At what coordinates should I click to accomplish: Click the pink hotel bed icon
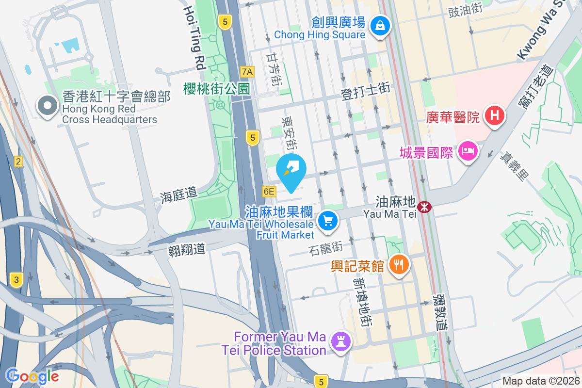click(x=468, y=152)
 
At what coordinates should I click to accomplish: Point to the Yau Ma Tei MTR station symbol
click(x=425, y=207)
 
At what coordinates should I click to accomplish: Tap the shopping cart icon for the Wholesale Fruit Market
click(x=328, y=221)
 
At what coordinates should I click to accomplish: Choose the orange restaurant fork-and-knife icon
click(x=399, y=265)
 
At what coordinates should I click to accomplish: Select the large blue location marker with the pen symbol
click(x=291, y=170)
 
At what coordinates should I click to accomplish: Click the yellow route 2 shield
click(x=18, y=162)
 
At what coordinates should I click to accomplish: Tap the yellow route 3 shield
click(x=16, y=279)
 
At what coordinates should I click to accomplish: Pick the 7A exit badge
click(x=247, y=72)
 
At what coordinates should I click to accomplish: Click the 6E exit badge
click(x=269, y=192)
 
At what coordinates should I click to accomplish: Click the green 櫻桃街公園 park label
click(x=216, y=89)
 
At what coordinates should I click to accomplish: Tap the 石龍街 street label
click(x=325, y=248)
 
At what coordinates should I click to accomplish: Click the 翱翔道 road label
click(x=187, y=250)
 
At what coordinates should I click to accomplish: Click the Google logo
click(x=32, y=376)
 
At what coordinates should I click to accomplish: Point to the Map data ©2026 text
click(x=541, y=381)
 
